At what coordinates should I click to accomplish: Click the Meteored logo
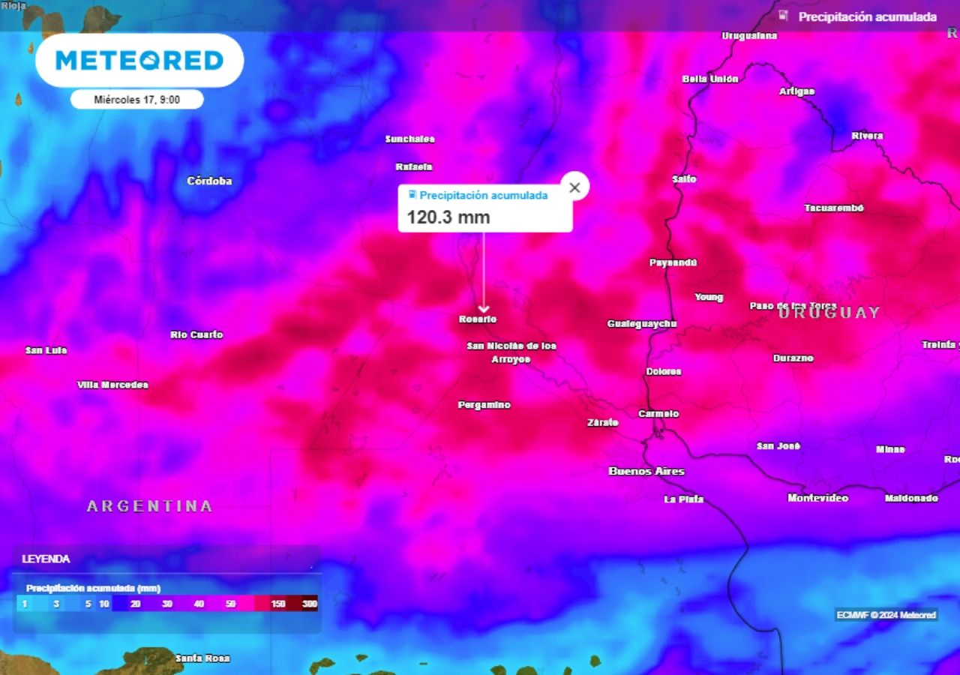[139, 61]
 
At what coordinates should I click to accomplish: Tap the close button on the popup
[574, 187]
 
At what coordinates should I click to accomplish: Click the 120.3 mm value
[448, 217]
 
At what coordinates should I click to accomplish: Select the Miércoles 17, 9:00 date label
[137, 99]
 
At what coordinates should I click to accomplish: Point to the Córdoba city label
[209, 181]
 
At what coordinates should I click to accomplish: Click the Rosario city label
[478, 319]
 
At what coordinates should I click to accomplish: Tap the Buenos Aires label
[646, 471]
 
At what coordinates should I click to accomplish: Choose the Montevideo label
[817, 498]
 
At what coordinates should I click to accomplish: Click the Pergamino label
[484, 405]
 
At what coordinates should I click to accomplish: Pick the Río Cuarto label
[196, 334]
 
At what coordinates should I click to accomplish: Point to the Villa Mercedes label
[112, 385]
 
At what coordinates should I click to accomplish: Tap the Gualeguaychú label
[642, 324]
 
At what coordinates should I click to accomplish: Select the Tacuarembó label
[834, 208]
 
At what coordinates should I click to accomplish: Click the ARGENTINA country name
[150, 506]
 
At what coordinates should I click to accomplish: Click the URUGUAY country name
[829, 313]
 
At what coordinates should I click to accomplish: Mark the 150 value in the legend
[278, 604]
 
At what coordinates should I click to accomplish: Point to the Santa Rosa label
[202, 658]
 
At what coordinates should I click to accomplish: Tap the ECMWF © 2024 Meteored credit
[886, 615]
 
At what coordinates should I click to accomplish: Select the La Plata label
[683, 499]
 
